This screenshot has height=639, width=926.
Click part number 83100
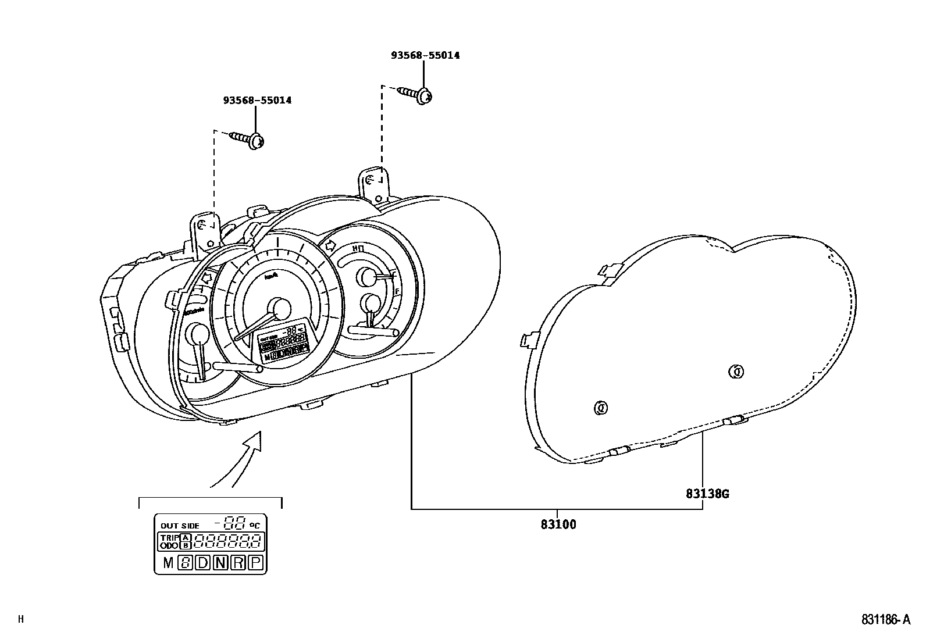pyautogui.click(x=558, y=524)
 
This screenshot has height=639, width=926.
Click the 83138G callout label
pyautogui.click(x=707, y=494)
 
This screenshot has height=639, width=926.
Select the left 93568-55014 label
pyautogui.click(x=257, y=100)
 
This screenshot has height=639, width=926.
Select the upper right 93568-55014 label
pyautogui.click(x=425, y=55)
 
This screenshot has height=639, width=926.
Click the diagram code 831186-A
pyautogui.click(x=885, y=620)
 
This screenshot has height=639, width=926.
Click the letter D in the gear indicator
pyautogui.click(x=201, y=562)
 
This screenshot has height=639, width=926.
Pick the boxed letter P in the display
pyautogui.click(x=255, y=562)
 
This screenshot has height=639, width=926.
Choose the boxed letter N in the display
pyautogui.click(x=220, y=562)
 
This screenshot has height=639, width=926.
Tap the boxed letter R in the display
pyautogui.click(x=237, y=562)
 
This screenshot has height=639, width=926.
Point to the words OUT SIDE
pyautogui.click(x=180, y=526)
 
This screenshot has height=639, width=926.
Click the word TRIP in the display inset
pyautogui.click(x=168, y=538)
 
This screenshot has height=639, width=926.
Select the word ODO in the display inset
pyautogui.click(x=168, y=546)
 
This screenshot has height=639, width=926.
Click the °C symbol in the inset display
pyautogui.click(x=255, y=525)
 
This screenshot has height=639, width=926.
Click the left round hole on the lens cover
pyautogui.click(x=600, y=408)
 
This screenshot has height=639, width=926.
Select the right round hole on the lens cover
pyautogui.click(x=736, y=371)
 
